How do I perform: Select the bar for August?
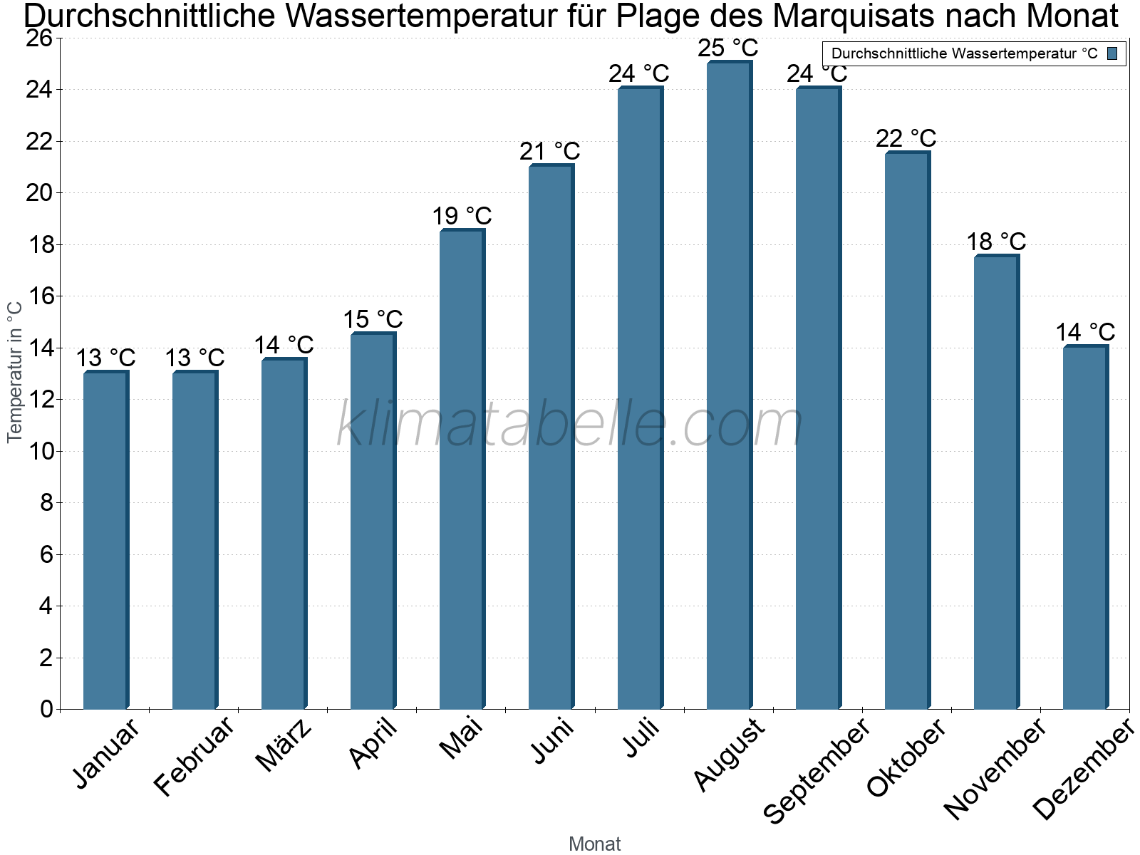click(729, 385)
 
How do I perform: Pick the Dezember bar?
click(1085, 527)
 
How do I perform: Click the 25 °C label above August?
click(728, 48)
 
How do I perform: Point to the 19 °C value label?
click(462, 216)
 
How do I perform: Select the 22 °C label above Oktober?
click(906, 138)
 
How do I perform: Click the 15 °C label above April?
click(373, 319)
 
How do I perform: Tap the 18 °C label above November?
click(996, 242)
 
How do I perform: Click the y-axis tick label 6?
click(46, 554)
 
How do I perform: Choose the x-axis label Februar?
click(195, 756)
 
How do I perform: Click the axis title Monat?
click(595, 844)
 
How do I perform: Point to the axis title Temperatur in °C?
click(15, 372)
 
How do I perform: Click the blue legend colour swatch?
click(1112, 53)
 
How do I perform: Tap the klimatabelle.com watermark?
click(570, 425)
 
